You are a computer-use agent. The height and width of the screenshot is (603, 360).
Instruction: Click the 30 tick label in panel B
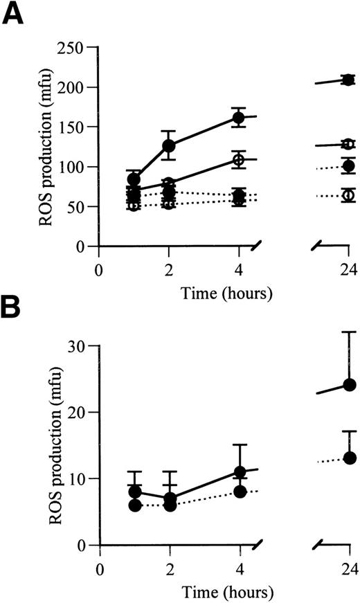point(83,346)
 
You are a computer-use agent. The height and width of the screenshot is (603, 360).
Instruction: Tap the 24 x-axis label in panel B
point(349,568)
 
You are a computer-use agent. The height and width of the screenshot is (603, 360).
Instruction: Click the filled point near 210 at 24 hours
point(349,80)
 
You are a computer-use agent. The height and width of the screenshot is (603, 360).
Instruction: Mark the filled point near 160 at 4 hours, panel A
point(239,118)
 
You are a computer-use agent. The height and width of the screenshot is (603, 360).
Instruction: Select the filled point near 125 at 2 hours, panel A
point(169,145)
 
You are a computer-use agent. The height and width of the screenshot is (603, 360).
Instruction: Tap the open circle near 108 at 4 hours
point(239,159)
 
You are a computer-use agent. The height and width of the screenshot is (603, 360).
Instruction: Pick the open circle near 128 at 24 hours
point(349,144)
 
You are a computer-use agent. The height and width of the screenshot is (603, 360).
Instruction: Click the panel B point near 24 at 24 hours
point(349,384)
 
